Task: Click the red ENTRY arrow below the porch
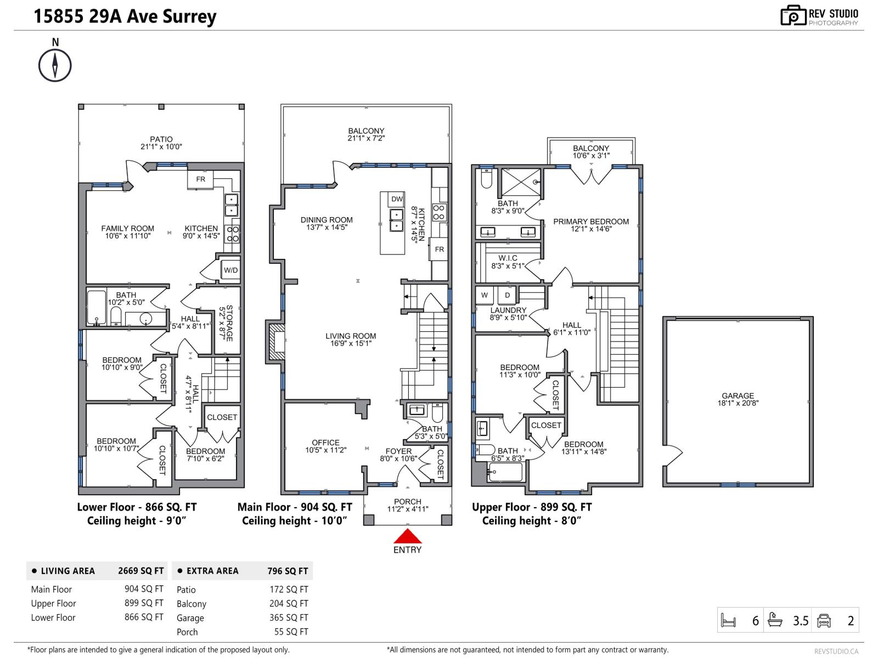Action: [x=407, y=536]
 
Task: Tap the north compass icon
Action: [x=55, y=65]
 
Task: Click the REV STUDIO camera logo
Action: [x=793, y=15]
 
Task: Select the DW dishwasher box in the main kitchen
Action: [x=397, y=199]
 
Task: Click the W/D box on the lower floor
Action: [x=230, y=270]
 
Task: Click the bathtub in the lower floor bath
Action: [x=97, y=307]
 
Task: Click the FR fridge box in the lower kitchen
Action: [x=201, y=179]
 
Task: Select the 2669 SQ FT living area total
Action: [x=141, y=571]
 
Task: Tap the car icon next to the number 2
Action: [x=824, y=621]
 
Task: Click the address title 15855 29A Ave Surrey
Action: [x=125, y=16]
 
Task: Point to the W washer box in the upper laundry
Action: [x=485, y=295]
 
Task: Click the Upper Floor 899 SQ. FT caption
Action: [x=532, y=507]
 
